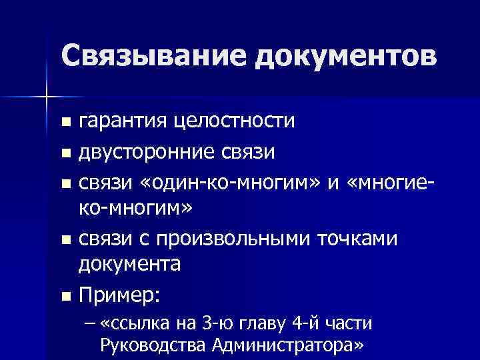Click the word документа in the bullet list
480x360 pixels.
point(130,265)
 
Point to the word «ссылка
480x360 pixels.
point(136,323)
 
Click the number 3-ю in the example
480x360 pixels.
point(213,323)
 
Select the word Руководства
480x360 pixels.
point(154,345)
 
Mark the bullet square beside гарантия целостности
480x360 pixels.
point(64,123)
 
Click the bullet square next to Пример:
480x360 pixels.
point(64,295)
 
